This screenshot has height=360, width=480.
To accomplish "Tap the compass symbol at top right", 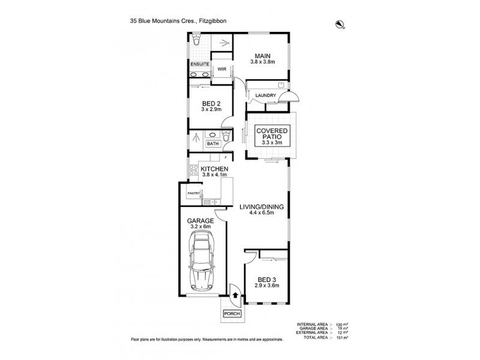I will tap(340, 24).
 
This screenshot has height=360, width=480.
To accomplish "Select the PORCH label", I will tap(232, 314).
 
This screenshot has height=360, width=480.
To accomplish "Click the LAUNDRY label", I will tap(265, 95).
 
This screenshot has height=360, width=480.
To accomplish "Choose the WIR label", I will tap(221, 69).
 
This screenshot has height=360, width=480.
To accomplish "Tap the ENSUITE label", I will tap(200, 64).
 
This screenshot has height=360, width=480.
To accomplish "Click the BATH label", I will tap(213, 144).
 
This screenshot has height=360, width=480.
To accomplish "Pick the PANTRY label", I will tap(193, 193).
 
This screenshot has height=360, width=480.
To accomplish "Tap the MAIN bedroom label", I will tap(260, 55).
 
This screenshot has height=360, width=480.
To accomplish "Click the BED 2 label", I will tap(211, 104).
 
